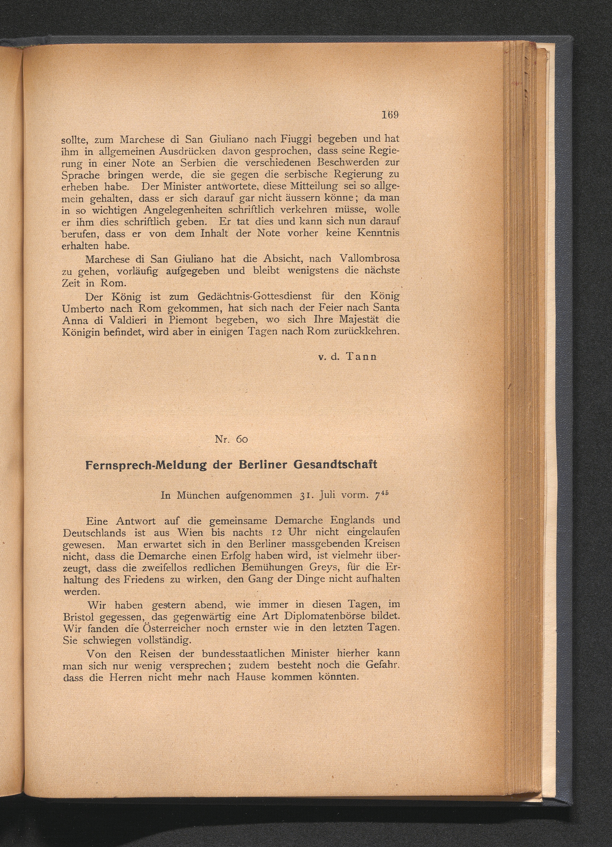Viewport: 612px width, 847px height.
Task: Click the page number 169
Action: pos(390,115)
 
